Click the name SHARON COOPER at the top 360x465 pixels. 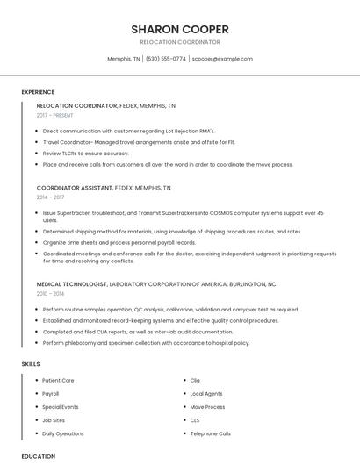pos(180,29)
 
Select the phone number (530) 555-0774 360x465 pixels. pos(166,59)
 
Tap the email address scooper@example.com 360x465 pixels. pos(222,59)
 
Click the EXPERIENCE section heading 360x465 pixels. pos(38,92)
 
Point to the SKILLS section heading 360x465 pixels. pos(31,363)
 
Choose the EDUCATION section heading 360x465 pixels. pos(39,456)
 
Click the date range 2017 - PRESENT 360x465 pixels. pos(55,115)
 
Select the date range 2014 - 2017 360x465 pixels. pos(50,197)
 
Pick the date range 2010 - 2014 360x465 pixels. pos(50,294)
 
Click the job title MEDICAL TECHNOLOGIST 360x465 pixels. pos(72,284)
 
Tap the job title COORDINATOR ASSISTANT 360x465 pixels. pos(75,188)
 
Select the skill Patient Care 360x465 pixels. pos(58,381)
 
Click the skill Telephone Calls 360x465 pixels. pos(211,433)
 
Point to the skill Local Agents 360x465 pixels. pos(206,394)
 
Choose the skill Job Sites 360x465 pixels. pos(54,420)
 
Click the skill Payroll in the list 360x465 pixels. pos(51,394)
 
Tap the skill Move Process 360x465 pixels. pos(208,407)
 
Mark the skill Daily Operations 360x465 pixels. pos(63,433)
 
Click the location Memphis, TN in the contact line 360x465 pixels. pos(124,59)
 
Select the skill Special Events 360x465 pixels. pos(61,407)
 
